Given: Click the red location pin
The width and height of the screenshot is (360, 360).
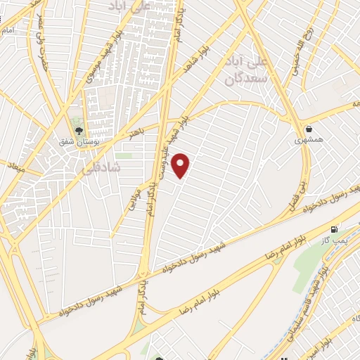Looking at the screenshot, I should pos(181,165).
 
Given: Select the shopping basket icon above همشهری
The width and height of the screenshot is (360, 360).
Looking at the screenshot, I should pos(309,128).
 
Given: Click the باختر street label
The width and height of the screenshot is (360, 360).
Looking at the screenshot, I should pos(136,131).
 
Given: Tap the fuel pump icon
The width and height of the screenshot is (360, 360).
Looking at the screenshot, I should pos(333,229).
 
